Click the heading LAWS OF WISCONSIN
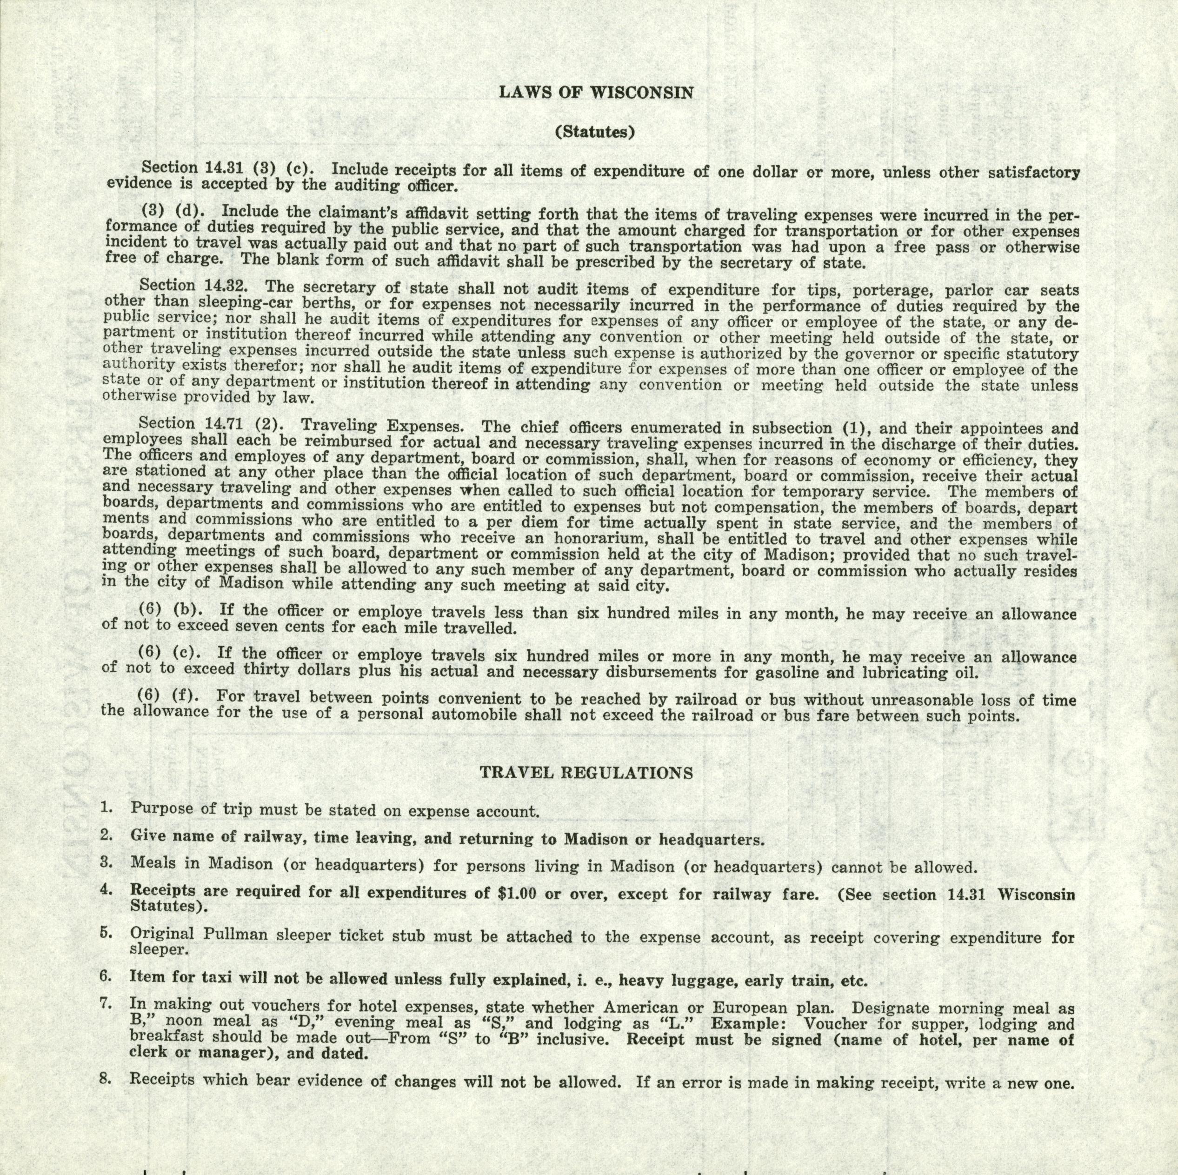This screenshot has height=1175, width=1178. tap(596, 93)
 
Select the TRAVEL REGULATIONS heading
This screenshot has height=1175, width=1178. tap(586, 773)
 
